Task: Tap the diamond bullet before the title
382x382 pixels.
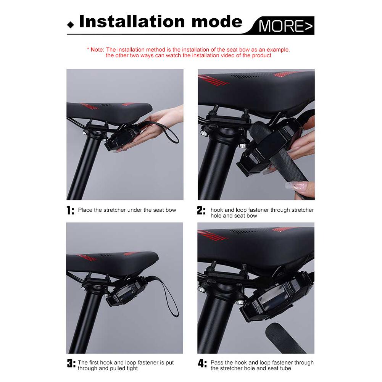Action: (70, 26)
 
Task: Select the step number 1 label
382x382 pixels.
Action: (70, 210)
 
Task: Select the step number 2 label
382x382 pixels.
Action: (201, 210)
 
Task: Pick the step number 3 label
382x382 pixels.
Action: (71, 363)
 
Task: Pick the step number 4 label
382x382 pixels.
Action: (202, 363)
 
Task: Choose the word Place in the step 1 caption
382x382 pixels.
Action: (85, 210)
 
